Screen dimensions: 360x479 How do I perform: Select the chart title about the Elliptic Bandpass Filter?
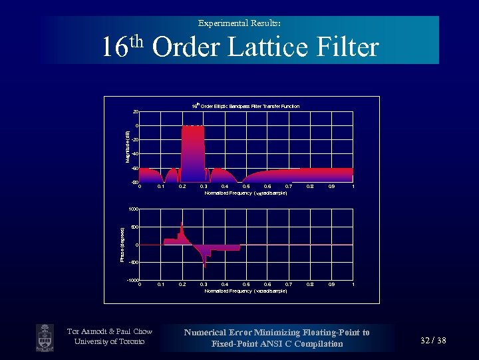[245, 106]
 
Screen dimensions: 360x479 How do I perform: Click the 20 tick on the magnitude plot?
[135, 112]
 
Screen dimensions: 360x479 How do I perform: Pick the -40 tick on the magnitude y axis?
[134, 154]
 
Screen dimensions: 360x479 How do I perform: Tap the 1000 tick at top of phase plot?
[133, 209]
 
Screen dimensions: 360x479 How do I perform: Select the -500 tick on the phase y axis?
[133, 263]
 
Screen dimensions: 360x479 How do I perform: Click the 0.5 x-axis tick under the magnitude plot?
[246, 187]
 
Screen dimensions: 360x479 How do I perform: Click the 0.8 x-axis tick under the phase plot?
[310, 285]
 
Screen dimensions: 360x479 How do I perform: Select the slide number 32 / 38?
[433, 341]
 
